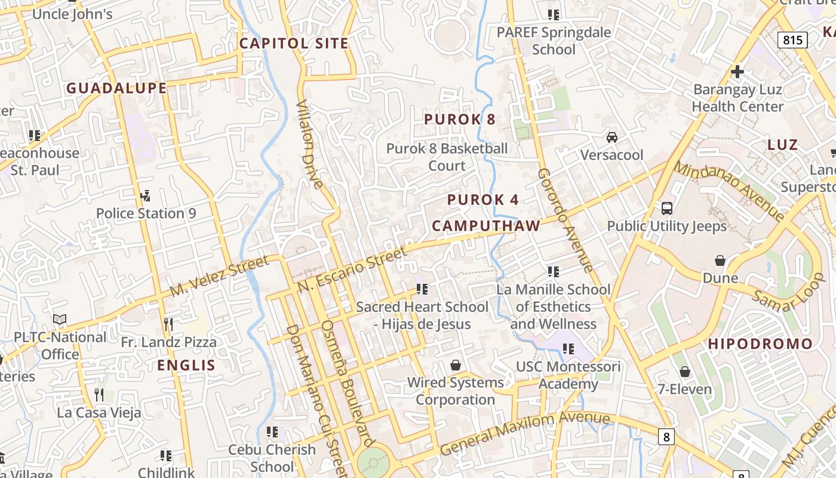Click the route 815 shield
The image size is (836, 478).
click(792, 40)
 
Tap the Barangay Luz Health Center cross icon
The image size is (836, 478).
click(737, 72)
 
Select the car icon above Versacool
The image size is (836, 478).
click(612, 137)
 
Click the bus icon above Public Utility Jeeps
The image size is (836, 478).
click(667, 209)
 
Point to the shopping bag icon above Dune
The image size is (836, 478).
click(720, 261)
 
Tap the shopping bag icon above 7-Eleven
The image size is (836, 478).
click(685, 372)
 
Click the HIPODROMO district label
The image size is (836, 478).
click(760, 344)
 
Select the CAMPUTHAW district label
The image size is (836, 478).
click(486, 226)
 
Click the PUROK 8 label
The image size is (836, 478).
click(460, 119)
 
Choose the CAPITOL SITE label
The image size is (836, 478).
click(294, 44)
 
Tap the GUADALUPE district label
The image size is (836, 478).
click(116, 88)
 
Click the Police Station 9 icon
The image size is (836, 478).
click(145, 195)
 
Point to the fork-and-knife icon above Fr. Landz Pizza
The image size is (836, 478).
click(168, 324)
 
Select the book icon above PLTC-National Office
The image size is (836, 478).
click(60, 320)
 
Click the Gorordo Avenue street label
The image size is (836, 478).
click(565, 220)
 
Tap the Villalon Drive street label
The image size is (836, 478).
click(309, 144)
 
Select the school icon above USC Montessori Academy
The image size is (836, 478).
click(568, 348)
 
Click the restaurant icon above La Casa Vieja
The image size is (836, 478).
click(99, 394)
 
